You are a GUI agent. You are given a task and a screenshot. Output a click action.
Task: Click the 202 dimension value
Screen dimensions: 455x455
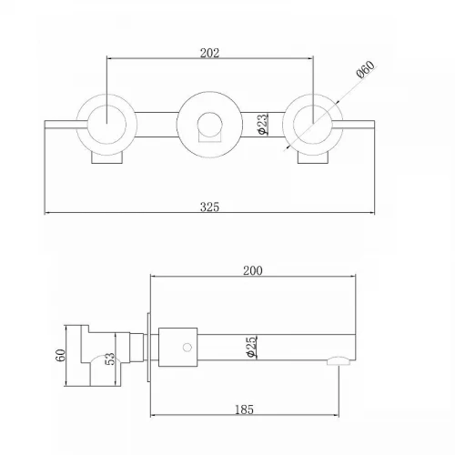click(x=209, y=53)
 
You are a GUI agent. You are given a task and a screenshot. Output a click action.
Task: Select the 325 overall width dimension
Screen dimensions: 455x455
click(x=209, y=207)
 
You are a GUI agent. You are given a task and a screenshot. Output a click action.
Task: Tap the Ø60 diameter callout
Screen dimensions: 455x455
click(x=366, y=69)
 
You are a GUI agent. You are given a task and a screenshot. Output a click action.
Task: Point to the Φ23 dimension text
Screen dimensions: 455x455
click(x=263, y=124)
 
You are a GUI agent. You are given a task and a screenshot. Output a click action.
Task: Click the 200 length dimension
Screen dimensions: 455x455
click(x=253, y=270)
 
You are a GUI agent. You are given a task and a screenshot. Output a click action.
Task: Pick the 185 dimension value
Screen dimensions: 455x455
click(x=244, y=409)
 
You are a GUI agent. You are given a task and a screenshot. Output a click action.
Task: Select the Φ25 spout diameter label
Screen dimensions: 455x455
click(x=252, y=347)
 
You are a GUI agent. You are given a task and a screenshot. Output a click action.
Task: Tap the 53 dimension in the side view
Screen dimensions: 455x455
click(x=110, y=359)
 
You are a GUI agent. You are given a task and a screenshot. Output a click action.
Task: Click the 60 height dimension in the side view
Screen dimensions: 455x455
click(x=61, y=355)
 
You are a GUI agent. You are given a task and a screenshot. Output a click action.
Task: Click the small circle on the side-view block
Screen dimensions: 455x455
click(x=187, y=348)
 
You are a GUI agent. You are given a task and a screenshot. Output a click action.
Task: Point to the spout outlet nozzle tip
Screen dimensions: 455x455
click(x=339, y=360)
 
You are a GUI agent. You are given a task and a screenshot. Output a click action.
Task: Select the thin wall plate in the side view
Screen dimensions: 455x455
click(x=148, y=348)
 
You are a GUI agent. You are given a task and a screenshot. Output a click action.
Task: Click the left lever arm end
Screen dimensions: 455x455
click(x=45, y=125)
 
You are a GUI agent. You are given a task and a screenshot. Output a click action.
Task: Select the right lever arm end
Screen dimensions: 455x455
click(x=375, y=125)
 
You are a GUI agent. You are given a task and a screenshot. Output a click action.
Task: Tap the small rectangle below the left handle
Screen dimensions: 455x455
click(x=107, y=158)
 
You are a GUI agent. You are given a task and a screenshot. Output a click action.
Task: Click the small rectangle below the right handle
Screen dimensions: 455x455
click(x=313, y=158)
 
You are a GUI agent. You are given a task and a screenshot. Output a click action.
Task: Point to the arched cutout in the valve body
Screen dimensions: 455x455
click(x=103, y=356)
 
